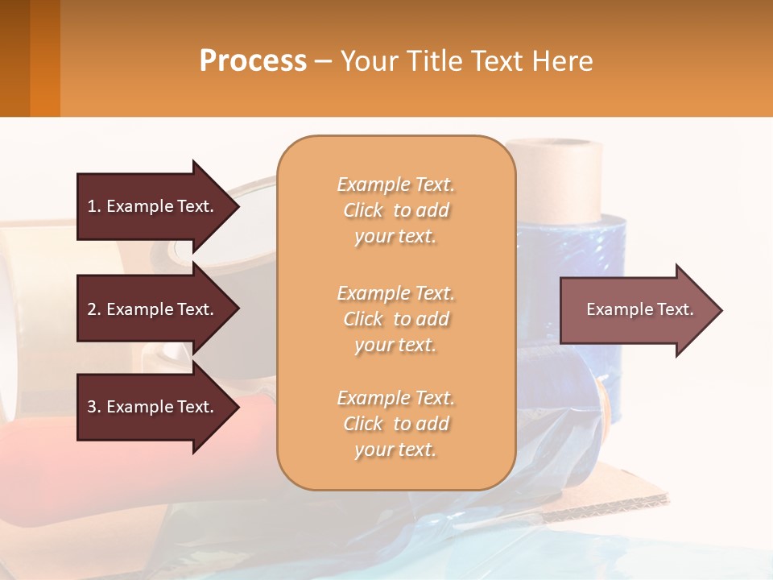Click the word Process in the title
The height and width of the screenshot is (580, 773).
pos(253,61)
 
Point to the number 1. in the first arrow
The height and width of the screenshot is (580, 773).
pos(94,206)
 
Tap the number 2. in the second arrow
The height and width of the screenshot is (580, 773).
pos(94,309)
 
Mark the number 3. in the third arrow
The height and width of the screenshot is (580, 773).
pos(94,407)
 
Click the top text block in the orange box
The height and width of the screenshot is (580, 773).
pos(395,210)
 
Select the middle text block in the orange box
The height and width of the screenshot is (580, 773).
pos(395,319)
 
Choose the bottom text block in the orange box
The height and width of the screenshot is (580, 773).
pos(395,424)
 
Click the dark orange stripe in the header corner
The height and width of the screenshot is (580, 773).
pos(44,58)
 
